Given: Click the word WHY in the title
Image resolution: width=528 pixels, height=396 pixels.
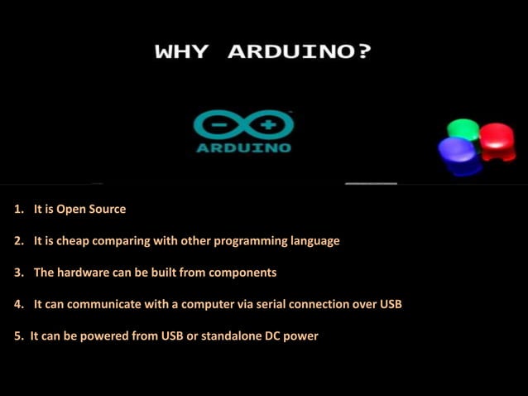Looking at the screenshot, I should pos(181,52).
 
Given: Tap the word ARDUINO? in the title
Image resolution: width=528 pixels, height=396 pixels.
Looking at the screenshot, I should pos(300,52).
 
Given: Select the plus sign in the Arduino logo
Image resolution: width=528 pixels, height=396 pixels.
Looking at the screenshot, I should pos(267,127).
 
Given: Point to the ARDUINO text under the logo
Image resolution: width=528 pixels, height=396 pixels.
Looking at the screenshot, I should pos(243,148).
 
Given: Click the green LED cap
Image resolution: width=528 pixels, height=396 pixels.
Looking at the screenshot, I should pos(463,130).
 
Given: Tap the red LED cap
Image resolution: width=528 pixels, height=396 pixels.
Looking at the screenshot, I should pos(497,137).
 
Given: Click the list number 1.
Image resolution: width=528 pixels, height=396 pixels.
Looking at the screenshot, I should pos(18,210).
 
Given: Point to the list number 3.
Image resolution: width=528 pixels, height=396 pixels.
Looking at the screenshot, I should pos(18,273).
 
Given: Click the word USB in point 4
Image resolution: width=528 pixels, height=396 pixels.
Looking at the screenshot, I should pos(391,304).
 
